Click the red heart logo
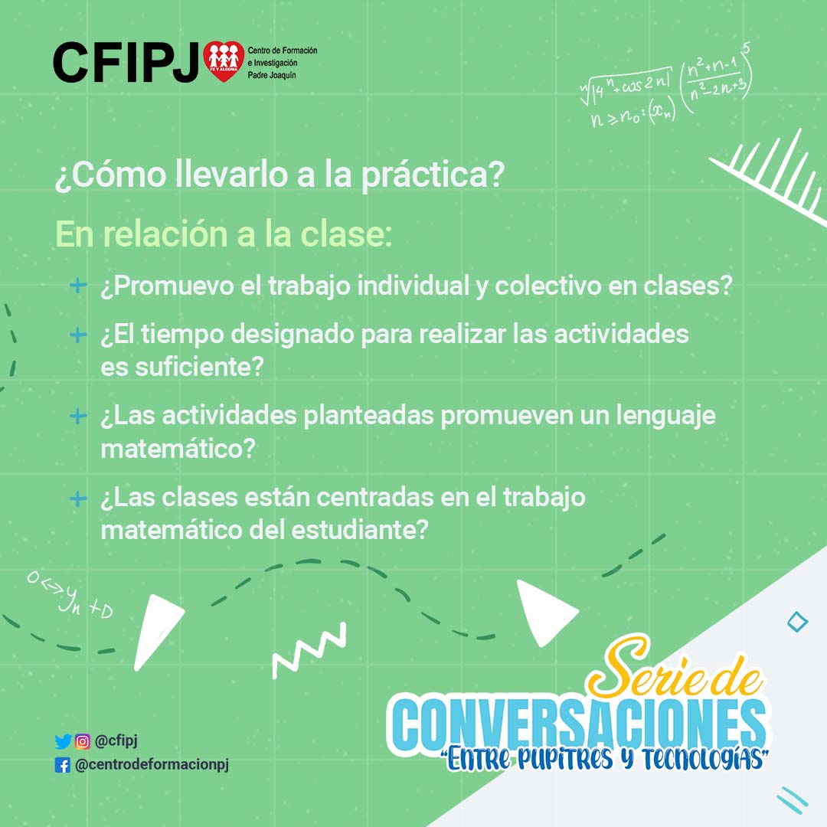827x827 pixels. click(224, 61)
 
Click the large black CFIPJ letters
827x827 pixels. click(126, 63)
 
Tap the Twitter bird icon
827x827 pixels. click(63, 741)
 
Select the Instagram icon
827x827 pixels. click(82, 741)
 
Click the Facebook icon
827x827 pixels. click(62, 765)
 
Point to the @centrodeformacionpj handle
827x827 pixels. click(152, 765)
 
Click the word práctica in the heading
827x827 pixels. click(433, 175)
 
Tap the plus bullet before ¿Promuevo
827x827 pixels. click(78, 286)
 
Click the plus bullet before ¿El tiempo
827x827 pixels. click(78, 335)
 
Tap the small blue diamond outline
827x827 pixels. click(797, 622)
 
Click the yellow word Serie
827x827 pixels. click(638, 668)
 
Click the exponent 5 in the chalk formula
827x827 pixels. click(746, 49)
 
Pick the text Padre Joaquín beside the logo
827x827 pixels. click(272, 75)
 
